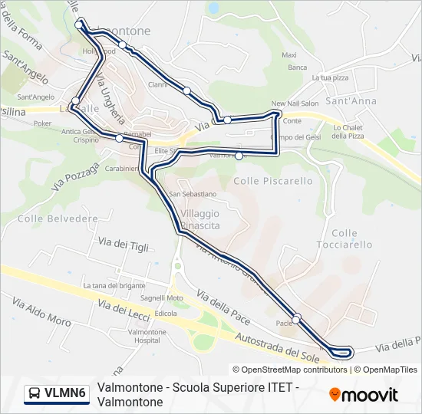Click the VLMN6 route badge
click(x=57, y=394)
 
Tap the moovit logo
click(x=364, y=395)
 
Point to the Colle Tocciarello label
click(x=345, y=238)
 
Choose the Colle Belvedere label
click(x=58, y=219)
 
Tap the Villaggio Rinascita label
click(x=200, y=219)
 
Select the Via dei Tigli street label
click(x=123, y=245)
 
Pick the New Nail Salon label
click(x=295, y=103)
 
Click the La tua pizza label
click(x=330, y=78)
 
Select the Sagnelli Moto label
click(x=161, y=297)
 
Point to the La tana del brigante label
click(x=114, y=285)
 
